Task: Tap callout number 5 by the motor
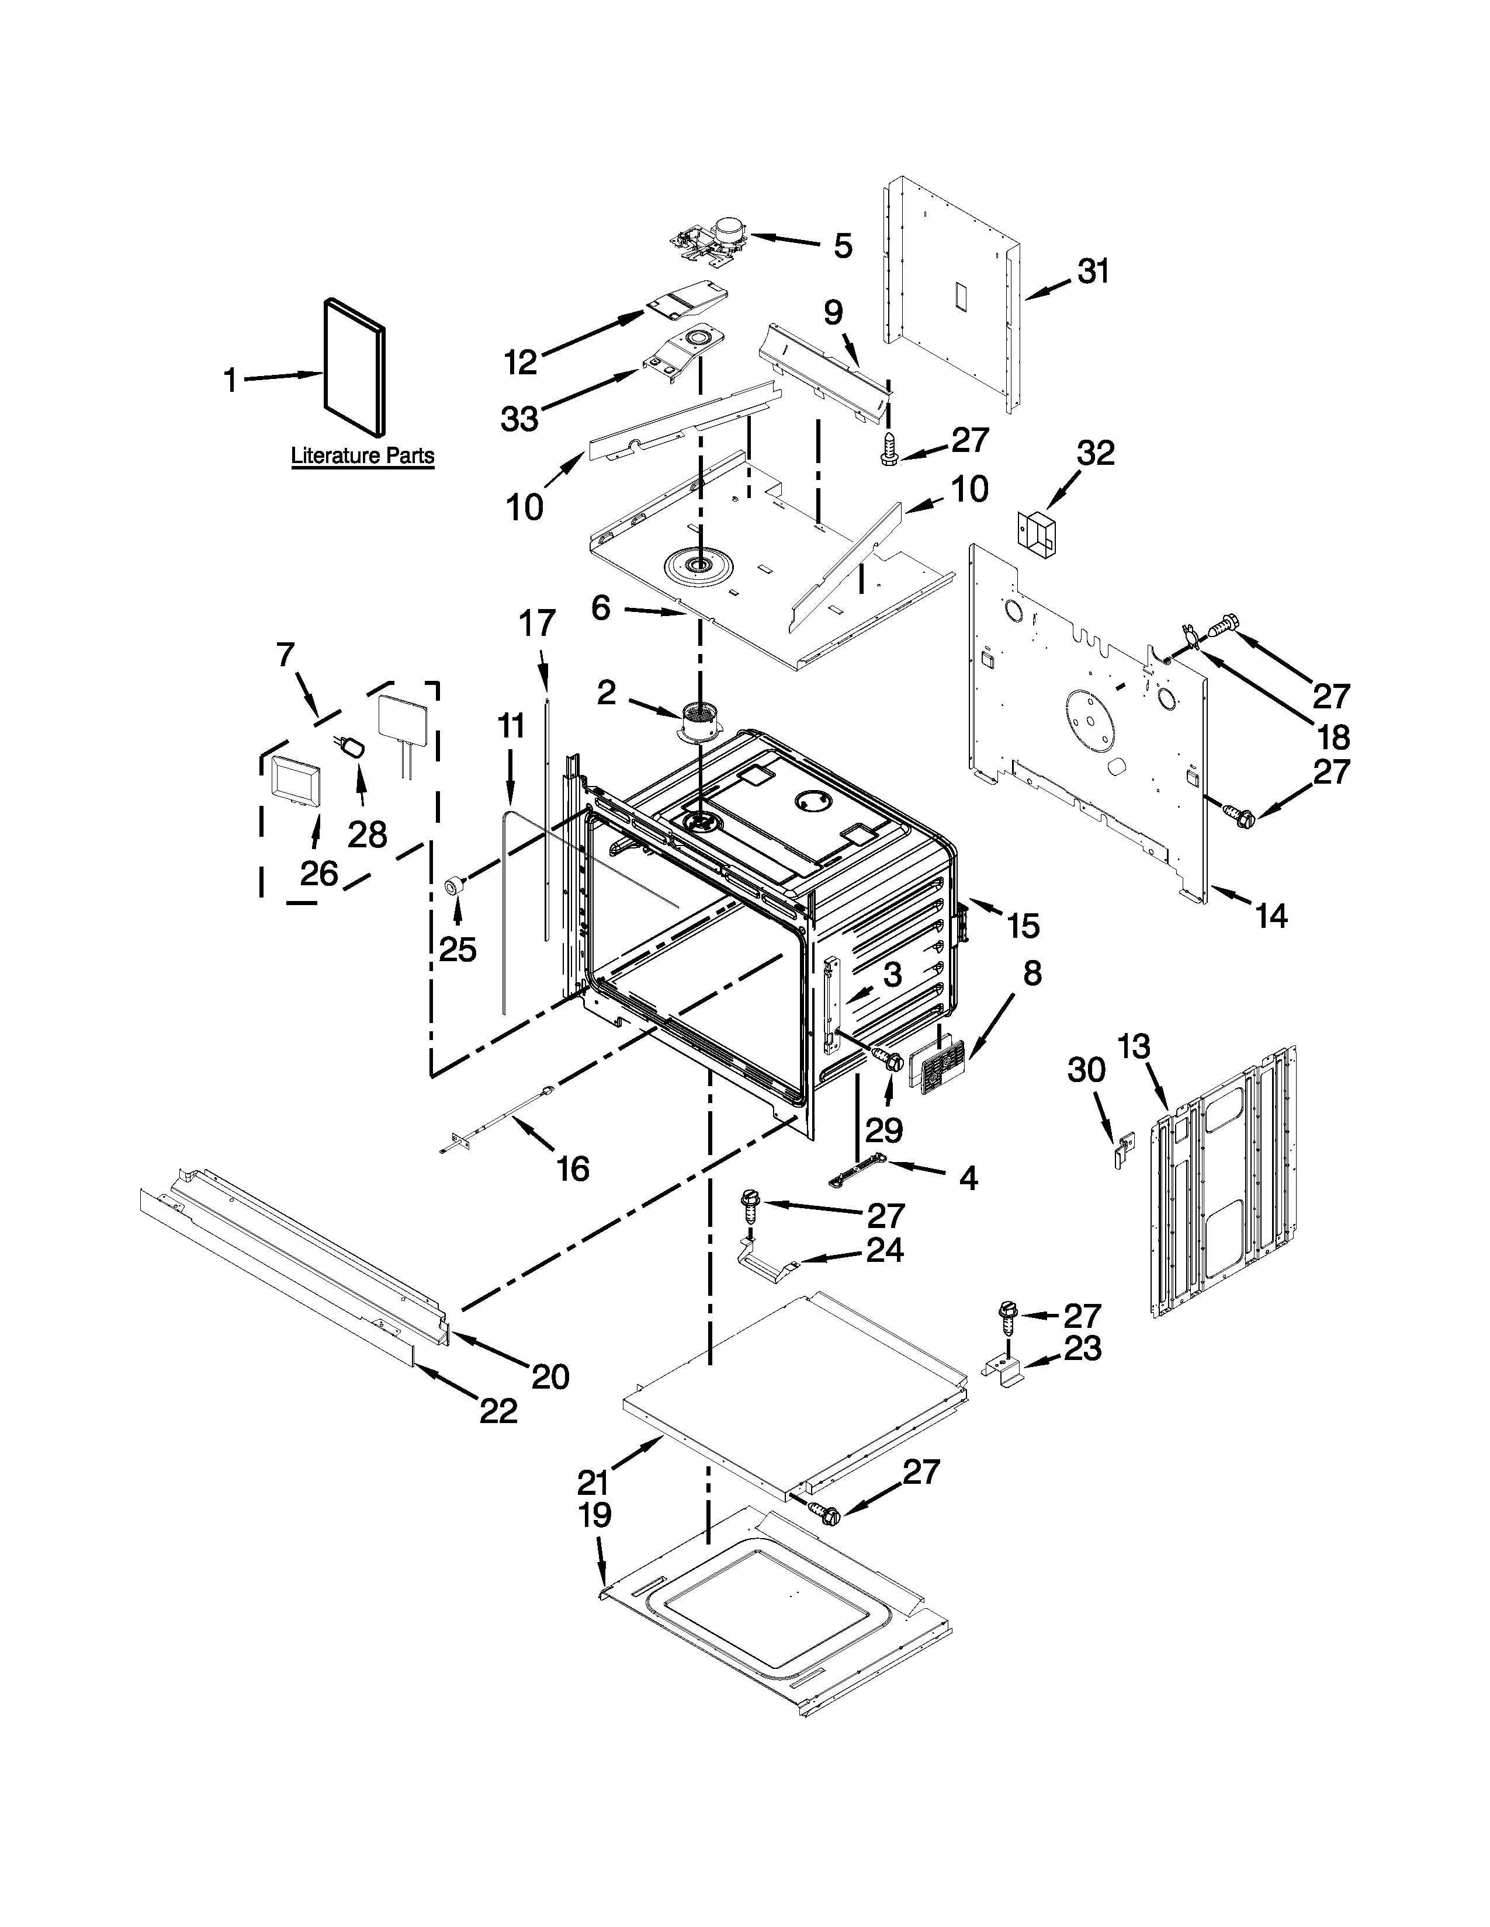(843, 246)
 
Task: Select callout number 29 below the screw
(883, 1129)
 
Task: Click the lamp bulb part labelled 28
(353, 749)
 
